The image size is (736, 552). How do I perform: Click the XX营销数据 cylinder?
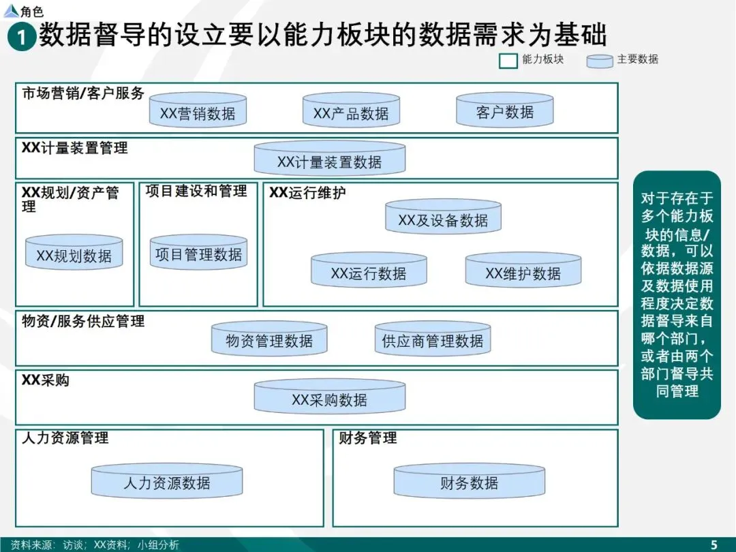[198, 111]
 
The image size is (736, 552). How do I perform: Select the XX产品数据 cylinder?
[351, 111]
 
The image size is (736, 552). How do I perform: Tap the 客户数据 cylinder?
[504, 110]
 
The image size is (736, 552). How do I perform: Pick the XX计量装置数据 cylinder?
[329, 159]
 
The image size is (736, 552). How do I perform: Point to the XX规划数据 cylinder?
[74, 254]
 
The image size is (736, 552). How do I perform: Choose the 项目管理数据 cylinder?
[198, 253]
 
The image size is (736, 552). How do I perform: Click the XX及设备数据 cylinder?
[443, 218]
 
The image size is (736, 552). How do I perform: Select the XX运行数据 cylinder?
[369, 271]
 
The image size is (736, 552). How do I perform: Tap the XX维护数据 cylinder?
[523, 271]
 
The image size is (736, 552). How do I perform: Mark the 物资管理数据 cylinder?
[269, 339]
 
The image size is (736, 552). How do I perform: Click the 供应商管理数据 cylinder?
[433, 339]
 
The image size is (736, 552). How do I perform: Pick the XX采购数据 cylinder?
[329, 397]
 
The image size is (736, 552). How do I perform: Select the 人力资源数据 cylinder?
[167, 481]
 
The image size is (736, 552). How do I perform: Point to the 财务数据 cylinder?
[469, 481]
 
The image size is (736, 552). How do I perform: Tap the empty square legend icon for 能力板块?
[508, 61]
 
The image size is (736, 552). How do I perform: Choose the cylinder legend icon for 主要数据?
[600, 61]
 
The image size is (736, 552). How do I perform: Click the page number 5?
[714, 544]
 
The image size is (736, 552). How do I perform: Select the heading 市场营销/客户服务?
[83, 94]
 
